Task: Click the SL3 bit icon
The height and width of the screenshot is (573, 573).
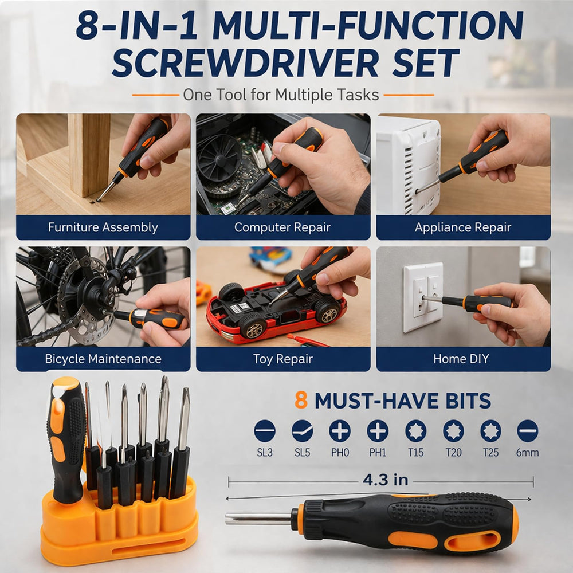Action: (x=265, y=431)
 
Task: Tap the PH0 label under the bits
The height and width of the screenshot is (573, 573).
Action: (x=340, y=453)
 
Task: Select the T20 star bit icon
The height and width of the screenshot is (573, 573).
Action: (x=453, y=431)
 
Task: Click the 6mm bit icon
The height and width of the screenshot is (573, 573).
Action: (x=527, y=431)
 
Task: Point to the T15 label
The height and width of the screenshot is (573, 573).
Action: (x=415, y=453)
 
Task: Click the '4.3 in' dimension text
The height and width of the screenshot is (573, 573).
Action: (x=386, y=480)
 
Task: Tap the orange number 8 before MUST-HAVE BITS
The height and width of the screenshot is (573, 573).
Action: (x=301, y=400)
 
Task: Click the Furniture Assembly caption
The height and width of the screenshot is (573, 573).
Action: (x=103, y=227)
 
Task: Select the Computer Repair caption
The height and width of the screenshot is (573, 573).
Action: (x=282, y=227)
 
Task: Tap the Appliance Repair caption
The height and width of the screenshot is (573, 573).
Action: (x=462, y=227)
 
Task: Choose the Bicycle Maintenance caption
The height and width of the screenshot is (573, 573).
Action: (x=103, y=359)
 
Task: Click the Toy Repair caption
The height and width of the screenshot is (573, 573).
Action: (x=283, y=359)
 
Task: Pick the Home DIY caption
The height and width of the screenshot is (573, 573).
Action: (x=461, y=359)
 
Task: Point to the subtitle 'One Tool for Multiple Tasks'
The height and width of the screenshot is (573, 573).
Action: (x=281, y=95)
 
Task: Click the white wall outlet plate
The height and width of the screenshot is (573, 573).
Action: (x=423, y=297)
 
